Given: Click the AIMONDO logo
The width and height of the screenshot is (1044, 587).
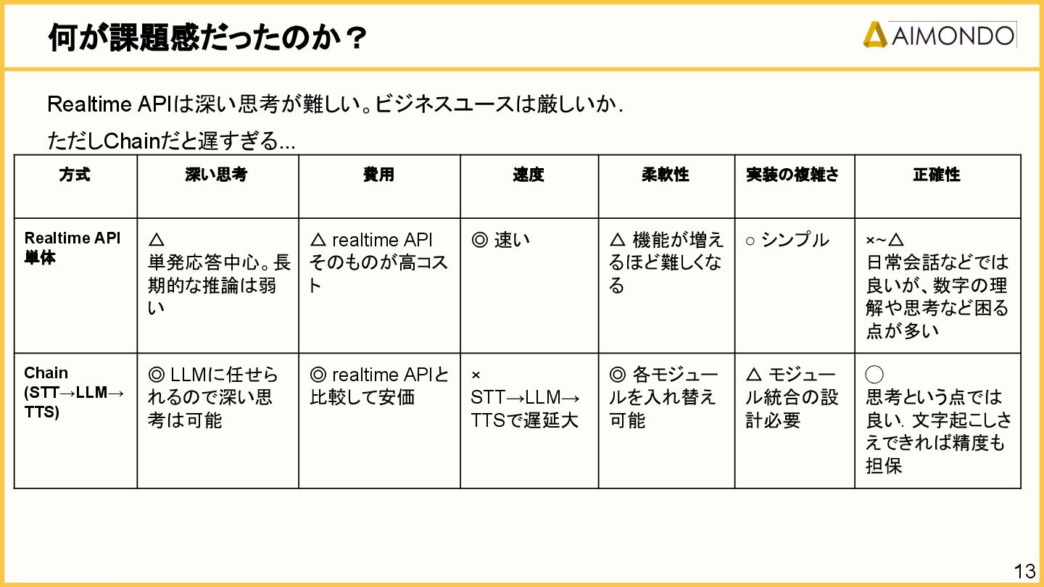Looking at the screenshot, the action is coord(939,35).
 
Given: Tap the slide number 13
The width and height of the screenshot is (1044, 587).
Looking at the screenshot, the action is coord(1024,571).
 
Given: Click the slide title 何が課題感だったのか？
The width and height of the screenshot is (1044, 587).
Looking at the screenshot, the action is coord(207,38).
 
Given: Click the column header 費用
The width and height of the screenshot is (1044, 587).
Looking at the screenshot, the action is coord(378,175).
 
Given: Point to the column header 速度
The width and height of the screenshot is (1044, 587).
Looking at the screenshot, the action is coord(528,175).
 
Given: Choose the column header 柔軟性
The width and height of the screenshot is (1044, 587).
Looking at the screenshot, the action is coord(666,175).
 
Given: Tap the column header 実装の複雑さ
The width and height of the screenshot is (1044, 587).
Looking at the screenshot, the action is coord(793,175).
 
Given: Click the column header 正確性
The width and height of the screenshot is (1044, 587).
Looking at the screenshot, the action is coord(937,175).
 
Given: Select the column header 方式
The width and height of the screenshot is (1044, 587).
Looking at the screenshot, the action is coord(75,175).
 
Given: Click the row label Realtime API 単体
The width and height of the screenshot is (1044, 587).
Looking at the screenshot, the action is coord(72,248).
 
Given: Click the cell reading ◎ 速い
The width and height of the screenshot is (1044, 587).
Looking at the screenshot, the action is coord(501,240).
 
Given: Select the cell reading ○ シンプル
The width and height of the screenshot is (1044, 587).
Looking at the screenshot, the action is coord(787,240).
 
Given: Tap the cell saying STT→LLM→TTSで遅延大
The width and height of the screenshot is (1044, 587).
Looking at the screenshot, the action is coord(525,409).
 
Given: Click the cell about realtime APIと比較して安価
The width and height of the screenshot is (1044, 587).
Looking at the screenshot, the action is coord(378,386).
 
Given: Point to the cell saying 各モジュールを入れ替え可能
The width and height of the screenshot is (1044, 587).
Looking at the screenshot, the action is coord(663,397).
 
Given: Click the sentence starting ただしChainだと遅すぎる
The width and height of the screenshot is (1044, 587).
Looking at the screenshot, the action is coord(171,141).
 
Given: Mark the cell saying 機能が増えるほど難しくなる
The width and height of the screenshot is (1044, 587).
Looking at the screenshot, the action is coord(666,262).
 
